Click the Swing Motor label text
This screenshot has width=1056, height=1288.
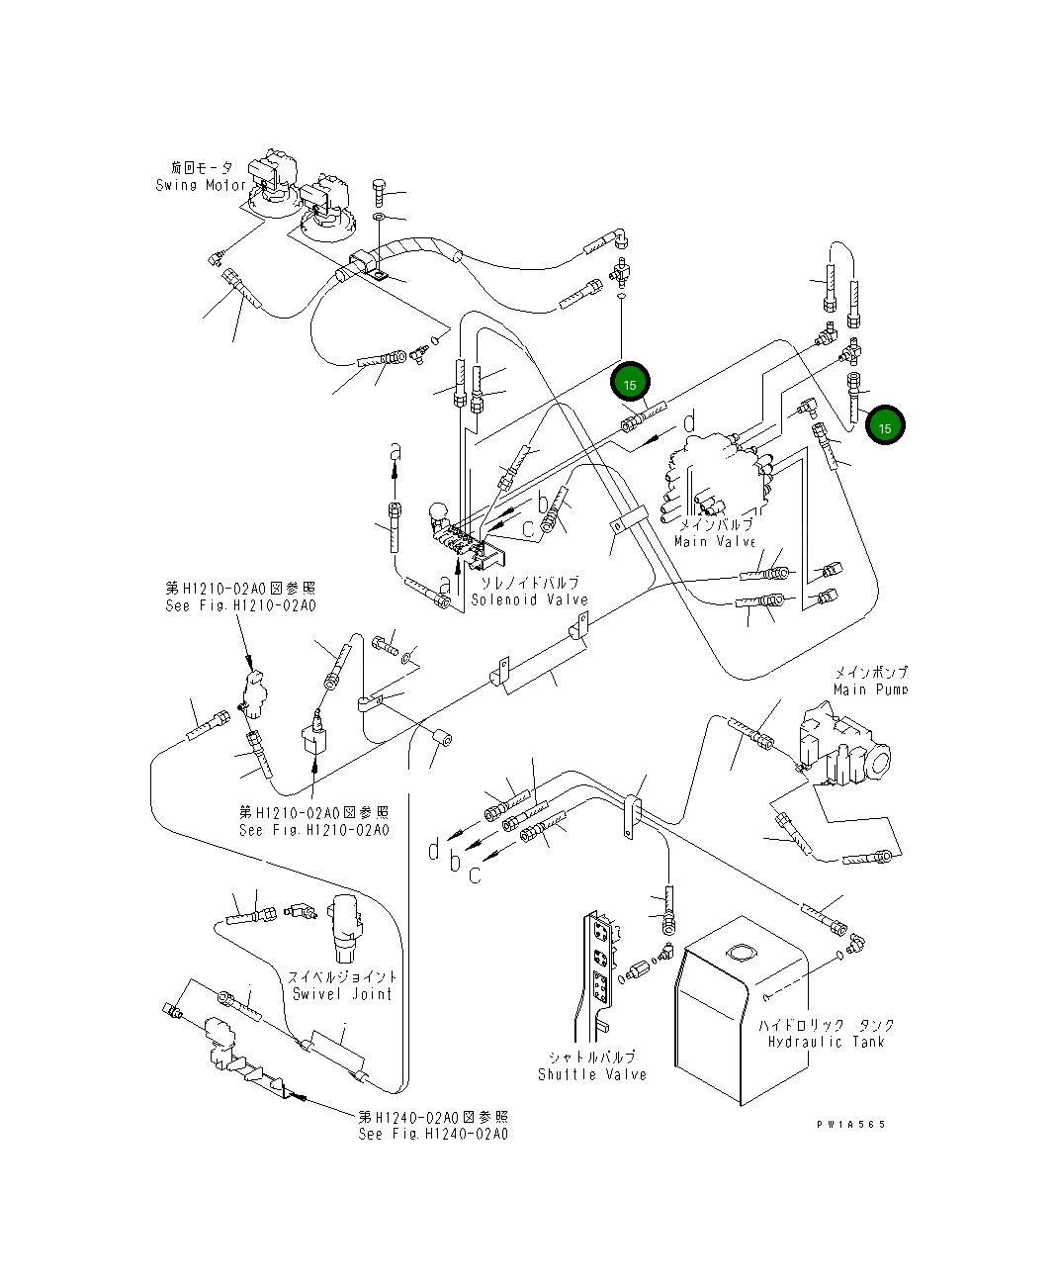(x=201, y=185)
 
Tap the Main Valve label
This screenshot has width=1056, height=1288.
(x=714, y=541)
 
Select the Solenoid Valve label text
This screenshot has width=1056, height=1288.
(x=529, y=599)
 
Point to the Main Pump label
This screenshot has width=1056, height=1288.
(x=870, y=690)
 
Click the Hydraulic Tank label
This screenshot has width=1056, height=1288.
(x=826, y=1041)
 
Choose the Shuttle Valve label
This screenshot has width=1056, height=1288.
(x=592, y=1073)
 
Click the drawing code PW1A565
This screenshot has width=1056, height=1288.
(x=851, y=1125)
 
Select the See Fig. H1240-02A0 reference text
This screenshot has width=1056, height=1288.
(x=433, y=1134)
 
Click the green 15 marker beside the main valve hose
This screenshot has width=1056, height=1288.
(x=630, y=383)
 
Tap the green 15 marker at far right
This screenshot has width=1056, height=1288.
(x=885, y=426)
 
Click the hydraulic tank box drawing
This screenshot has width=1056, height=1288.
(x=737, y=1019)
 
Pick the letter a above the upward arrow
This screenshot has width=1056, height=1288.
(x=395, y=451)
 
